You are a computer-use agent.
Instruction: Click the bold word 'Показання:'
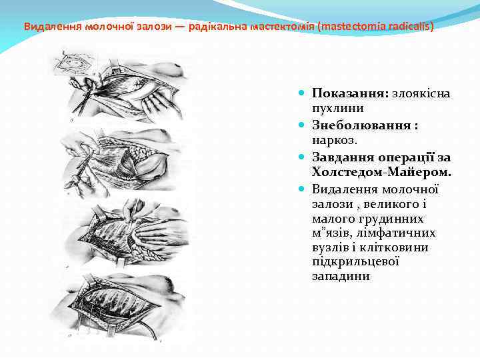351,93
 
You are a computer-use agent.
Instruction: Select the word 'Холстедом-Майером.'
381,173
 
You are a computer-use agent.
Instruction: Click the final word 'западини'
341,276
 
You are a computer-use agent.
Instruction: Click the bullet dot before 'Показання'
302,93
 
